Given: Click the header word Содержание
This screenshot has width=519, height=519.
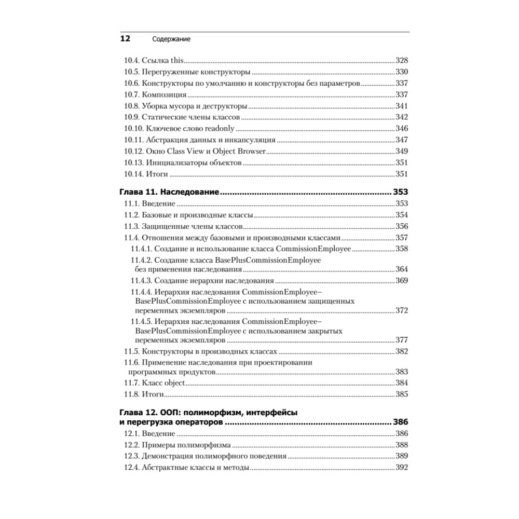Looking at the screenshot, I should tap(171, 39).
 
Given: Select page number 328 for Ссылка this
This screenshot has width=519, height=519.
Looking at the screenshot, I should tap(402, 60).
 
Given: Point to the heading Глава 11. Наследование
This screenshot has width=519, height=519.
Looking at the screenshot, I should tap(170, 192).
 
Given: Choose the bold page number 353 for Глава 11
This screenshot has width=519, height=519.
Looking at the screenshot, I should tap(401, 192).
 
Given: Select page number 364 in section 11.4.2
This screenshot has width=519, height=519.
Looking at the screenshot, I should tap(402, 269).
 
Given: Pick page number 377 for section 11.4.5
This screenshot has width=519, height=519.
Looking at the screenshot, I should tap(402, 341).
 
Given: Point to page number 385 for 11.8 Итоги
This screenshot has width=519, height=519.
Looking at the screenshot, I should tap(402, 394).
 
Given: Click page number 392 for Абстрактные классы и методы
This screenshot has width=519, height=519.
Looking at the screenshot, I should tap(402, 468).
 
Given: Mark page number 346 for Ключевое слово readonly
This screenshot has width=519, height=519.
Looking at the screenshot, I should tap(402, 129).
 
